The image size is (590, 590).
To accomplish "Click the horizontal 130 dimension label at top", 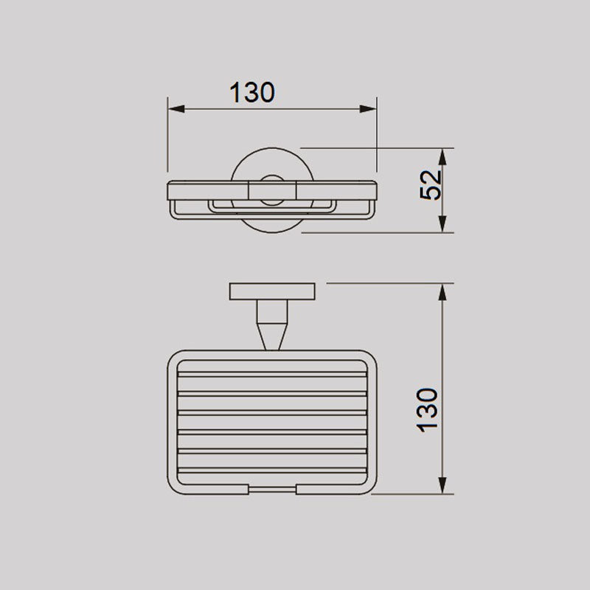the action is (x=252, y=93).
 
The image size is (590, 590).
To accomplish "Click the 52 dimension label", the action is (x=431, y=185).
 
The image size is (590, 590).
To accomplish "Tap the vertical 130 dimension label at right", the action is (x=428, y=410).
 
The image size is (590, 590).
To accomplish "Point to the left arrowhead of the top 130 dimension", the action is (x=176, y=109).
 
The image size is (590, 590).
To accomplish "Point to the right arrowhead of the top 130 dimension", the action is (x=368, y=109).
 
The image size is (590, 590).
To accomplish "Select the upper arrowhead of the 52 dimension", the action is (x=442, y=156).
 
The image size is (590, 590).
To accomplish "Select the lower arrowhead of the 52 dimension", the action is (x=442, y=224).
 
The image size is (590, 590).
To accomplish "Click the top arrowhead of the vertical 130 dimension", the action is (x=442, y=292).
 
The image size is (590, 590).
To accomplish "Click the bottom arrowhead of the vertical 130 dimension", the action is (x=442, y=485).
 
